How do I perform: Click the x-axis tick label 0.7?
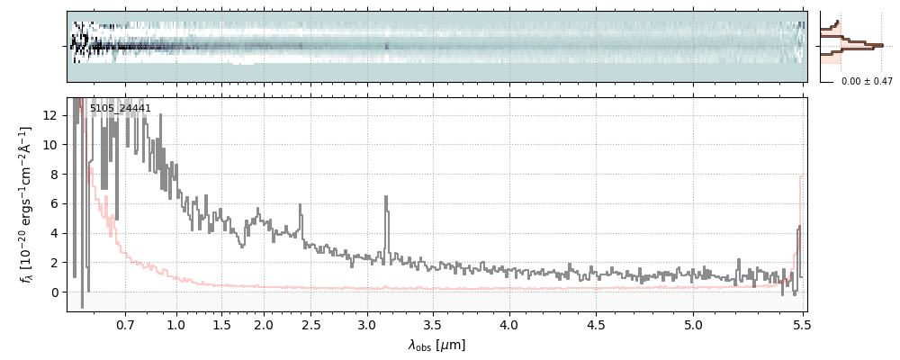pos(125,324)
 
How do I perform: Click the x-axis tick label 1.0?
pos(176,324)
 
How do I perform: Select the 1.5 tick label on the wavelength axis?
pos(221,324)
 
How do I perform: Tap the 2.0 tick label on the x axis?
pos(264,324)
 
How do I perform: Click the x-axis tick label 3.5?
pos(433,324)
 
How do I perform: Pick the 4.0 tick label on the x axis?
pos(509,324)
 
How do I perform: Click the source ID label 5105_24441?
pos(120,109)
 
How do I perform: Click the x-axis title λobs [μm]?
pos(436,345)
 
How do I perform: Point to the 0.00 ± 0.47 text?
pos(866,81)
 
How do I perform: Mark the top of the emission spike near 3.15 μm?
pos(387,196)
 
